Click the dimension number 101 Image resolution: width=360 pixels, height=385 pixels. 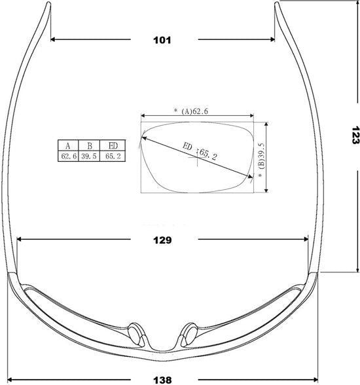point(162,40)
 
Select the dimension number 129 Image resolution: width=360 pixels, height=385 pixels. point(162,240)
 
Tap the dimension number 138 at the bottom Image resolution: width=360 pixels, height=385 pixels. point(162,380)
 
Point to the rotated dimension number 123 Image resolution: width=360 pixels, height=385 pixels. point(355,135)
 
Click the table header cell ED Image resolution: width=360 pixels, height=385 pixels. point(113,145)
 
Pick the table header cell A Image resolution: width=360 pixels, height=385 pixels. point(68,146)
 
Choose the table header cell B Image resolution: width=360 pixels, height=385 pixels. point(89,146)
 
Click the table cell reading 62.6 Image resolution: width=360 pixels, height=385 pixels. point(69,156)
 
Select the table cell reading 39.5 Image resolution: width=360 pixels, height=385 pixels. point(89,156)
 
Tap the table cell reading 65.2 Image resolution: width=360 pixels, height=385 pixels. point(113,156)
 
